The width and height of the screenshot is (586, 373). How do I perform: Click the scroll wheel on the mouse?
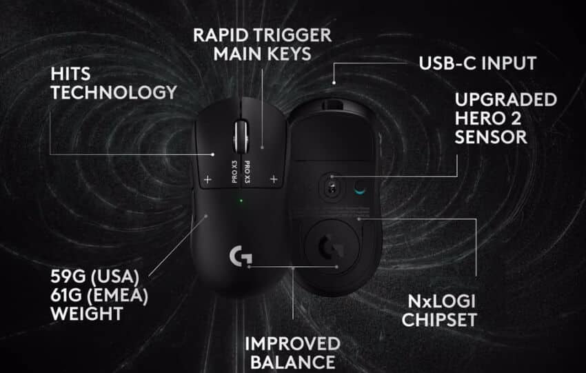pos(241,137)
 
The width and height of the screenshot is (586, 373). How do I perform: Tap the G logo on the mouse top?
pos(241,256)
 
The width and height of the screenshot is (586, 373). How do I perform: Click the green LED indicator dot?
pos(241,201)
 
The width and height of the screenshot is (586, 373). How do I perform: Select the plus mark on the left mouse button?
pos(208,180)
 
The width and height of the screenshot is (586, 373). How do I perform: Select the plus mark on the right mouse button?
pos(274,179)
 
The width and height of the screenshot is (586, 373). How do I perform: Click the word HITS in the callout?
pos(70,74)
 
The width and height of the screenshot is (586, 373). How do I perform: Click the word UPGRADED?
pos(506,100)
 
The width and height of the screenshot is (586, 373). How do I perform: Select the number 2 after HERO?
pos(516,119)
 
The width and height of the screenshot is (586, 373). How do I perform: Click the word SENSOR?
pos(491,137)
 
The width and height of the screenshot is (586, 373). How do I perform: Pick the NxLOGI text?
pos(441,301)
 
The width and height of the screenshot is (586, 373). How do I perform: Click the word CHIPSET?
pos(440,320)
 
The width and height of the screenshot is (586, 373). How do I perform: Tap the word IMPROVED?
pos(292,344)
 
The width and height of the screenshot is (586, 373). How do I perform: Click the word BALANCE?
pos(292,362)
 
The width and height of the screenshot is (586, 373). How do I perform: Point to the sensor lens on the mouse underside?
pos(332,188)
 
